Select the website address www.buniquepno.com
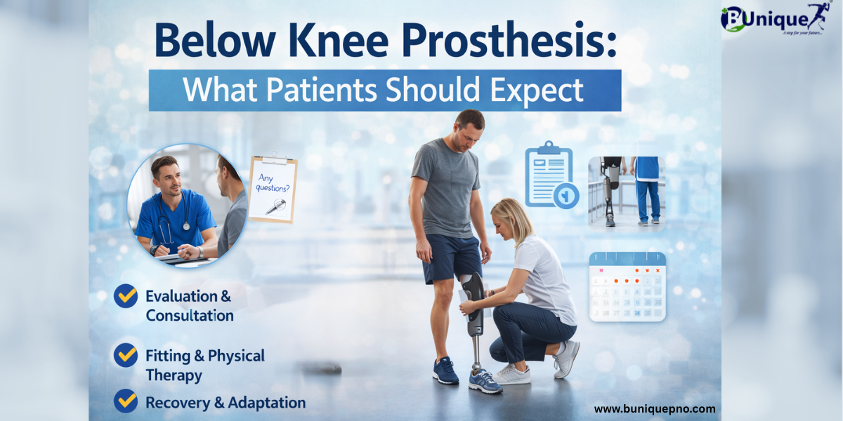[x=655, y=408]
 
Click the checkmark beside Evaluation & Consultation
[x=126, y=296]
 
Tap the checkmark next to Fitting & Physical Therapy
[x=126, y=355]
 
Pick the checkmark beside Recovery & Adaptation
[x=126, y=401]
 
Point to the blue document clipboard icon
[x=551, y=175]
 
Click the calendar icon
[x=627, y=287]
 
